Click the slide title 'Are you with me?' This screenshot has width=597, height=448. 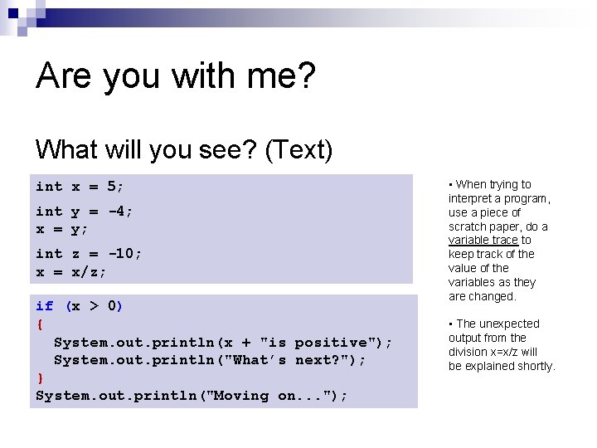(x=176, y=76)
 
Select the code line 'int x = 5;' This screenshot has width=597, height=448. (x=80, y=187)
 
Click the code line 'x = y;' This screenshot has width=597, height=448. (x=62, y=228)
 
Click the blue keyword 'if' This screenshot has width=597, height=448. (x=44, y=306)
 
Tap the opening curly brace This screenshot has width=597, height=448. (x=39, y=324)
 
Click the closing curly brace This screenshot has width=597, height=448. (x=39, y=378)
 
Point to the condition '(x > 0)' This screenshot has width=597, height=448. (x=94, y=306)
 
